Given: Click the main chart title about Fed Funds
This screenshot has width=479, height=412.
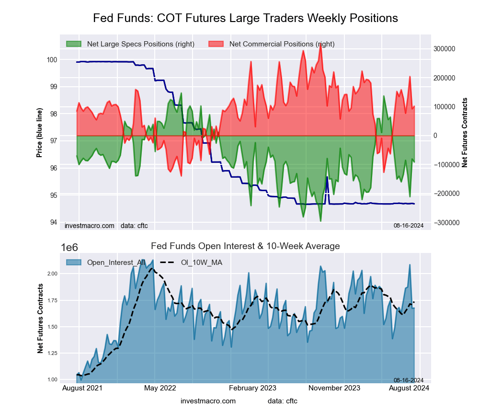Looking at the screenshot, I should point(245,18).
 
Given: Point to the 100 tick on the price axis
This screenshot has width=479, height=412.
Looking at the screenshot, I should point(51,60).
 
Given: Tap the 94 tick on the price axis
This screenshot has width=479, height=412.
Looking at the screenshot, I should point(53,222).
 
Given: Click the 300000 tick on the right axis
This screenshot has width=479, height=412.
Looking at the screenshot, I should point(444,49).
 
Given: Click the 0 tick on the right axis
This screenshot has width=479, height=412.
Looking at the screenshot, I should point(436,136).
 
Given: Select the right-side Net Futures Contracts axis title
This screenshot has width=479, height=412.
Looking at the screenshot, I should point(464,132).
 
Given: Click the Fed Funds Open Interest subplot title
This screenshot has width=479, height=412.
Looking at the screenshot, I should point(245,246).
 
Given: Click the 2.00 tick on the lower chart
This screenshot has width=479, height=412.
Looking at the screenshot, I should point(51,274).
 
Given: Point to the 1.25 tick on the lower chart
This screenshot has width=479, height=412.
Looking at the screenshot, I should point(51,353).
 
